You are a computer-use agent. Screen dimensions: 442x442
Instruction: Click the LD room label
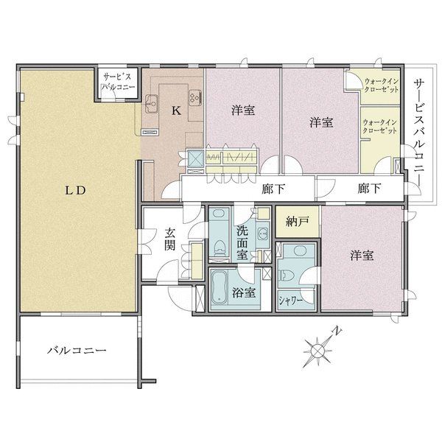coord(75,191)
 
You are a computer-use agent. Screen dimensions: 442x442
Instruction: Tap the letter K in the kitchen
coord(177,110)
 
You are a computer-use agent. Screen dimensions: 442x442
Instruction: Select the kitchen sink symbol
coord(152,103)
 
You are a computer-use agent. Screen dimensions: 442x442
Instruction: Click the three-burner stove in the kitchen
coord(194,97)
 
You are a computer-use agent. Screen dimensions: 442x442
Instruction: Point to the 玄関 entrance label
coord(170,239)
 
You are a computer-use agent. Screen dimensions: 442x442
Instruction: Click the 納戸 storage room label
coord(298,222)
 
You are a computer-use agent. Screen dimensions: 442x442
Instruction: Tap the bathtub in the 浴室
coord(219,287)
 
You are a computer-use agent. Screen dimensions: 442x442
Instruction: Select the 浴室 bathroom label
coord(244,293)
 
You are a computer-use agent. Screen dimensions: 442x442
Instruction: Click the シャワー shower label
coord(291,301)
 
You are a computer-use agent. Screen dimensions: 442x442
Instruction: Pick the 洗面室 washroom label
coord(242,242)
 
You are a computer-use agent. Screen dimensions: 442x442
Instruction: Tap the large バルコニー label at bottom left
coord(77,351)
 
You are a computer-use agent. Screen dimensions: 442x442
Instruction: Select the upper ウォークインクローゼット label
coord(382,85)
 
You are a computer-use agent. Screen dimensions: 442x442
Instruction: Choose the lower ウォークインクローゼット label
coord(379,127)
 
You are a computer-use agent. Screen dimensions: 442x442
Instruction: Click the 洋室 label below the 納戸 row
coord(362,256)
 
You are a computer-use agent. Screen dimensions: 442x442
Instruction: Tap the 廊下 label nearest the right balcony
coord(370,189)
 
